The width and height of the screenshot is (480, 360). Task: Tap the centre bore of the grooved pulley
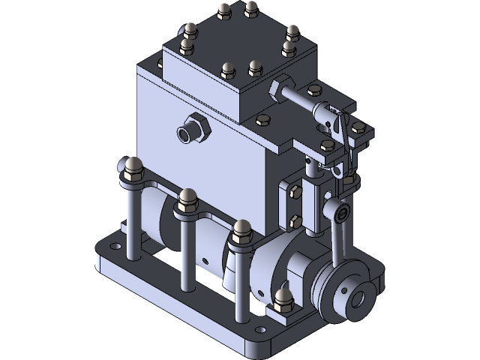(x=357, y=298)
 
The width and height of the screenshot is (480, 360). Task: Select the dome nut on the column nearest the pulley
(x=241, y=229)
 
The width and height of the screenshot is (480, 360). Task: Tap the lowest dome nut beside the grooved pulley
(x=283, y=298)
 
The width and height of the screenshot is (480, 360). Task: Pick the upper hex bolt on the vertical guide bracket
(x=295, y=193)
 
